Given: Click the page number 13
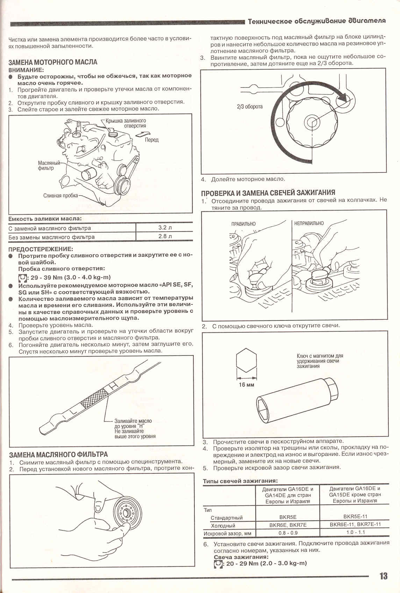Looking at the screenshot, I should pyautogui.click(x=383, y=576).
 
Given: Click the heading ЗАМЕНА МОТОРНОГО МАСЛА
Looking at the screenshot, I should pyautogui.click(x=53, y=62).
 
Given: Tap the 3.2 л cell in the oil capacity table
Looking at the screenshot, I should pyautogui.click(x=165, y=227).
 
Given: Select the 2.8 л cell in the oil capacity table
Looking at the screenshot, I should pyautogui.click(x=165, y=236).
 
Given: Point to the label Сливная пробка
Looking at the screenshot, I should pyautogui.click(x=60, y=196).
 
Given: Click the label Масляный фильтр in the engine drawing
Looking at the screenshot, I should pyautogui.click(x=49, y=165).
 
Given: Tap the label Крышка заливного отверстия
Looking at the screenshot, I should pyautogui.click(x=126, y=123).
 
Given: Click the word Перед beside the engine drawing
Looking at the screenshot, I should pyautogui.click(x=152, y=140).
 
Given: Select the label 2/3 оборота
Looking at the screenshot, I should pyautogui.click(x=250, y=106).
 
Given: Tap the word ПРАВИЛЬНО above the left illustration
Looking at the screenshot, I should pyautogui.click(x=243, y=224).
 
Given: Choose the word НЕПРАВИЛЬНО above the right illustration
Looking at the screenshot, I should pyautogui.click(x=309, y=223).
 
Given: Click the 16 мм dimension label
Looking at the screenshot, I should pyautogui.click(x=247, y=385).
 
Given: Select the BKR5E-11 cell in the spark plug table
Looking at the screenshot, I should pyautogui.click(x=355, y=516).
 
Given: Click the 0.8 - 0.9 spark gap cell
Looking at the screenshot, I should pyautogui.click(x=288, y=533).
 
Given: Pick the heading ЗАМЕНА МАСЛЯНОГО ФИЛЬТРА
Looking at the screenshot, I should pyautogui.click(x=58, y=454).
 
